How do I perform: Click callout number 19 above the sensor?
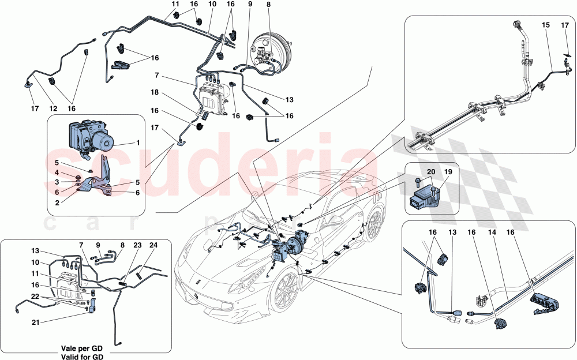(448, 171)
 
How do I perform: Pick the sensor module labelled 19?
(425, 196)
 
